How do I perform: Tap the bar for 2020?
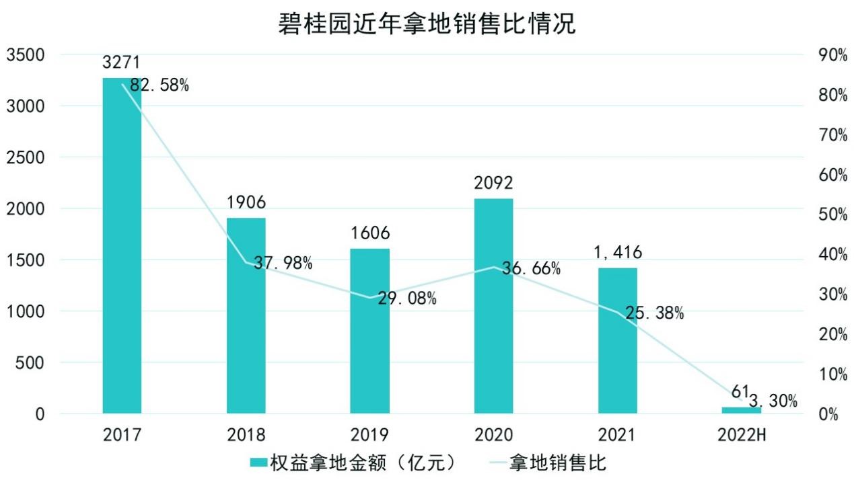(493, 306)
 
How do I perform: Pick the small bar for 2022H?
(742, 410)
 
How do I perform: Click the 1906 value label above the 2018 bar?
(246, 201)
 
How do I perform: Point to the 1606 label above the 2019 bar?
(369, 233)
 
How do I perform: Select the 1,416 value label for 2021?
(616, 252)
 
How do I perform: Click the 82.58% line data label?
(160, 85)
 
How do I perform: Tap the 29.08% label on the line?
(406, 298)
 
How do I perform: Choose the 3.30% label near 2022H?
(773, 402)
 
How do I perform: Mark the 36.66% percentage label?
(532, 269)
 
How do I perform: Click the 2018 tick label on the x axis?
(246, 435)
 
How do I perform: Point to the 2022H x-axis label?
(742, 435)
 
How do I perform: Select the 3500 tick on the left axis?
(26, 55)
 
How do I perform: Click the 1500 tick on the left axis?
(26, 260)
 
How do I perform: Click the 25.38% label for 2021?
(654, 313)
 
